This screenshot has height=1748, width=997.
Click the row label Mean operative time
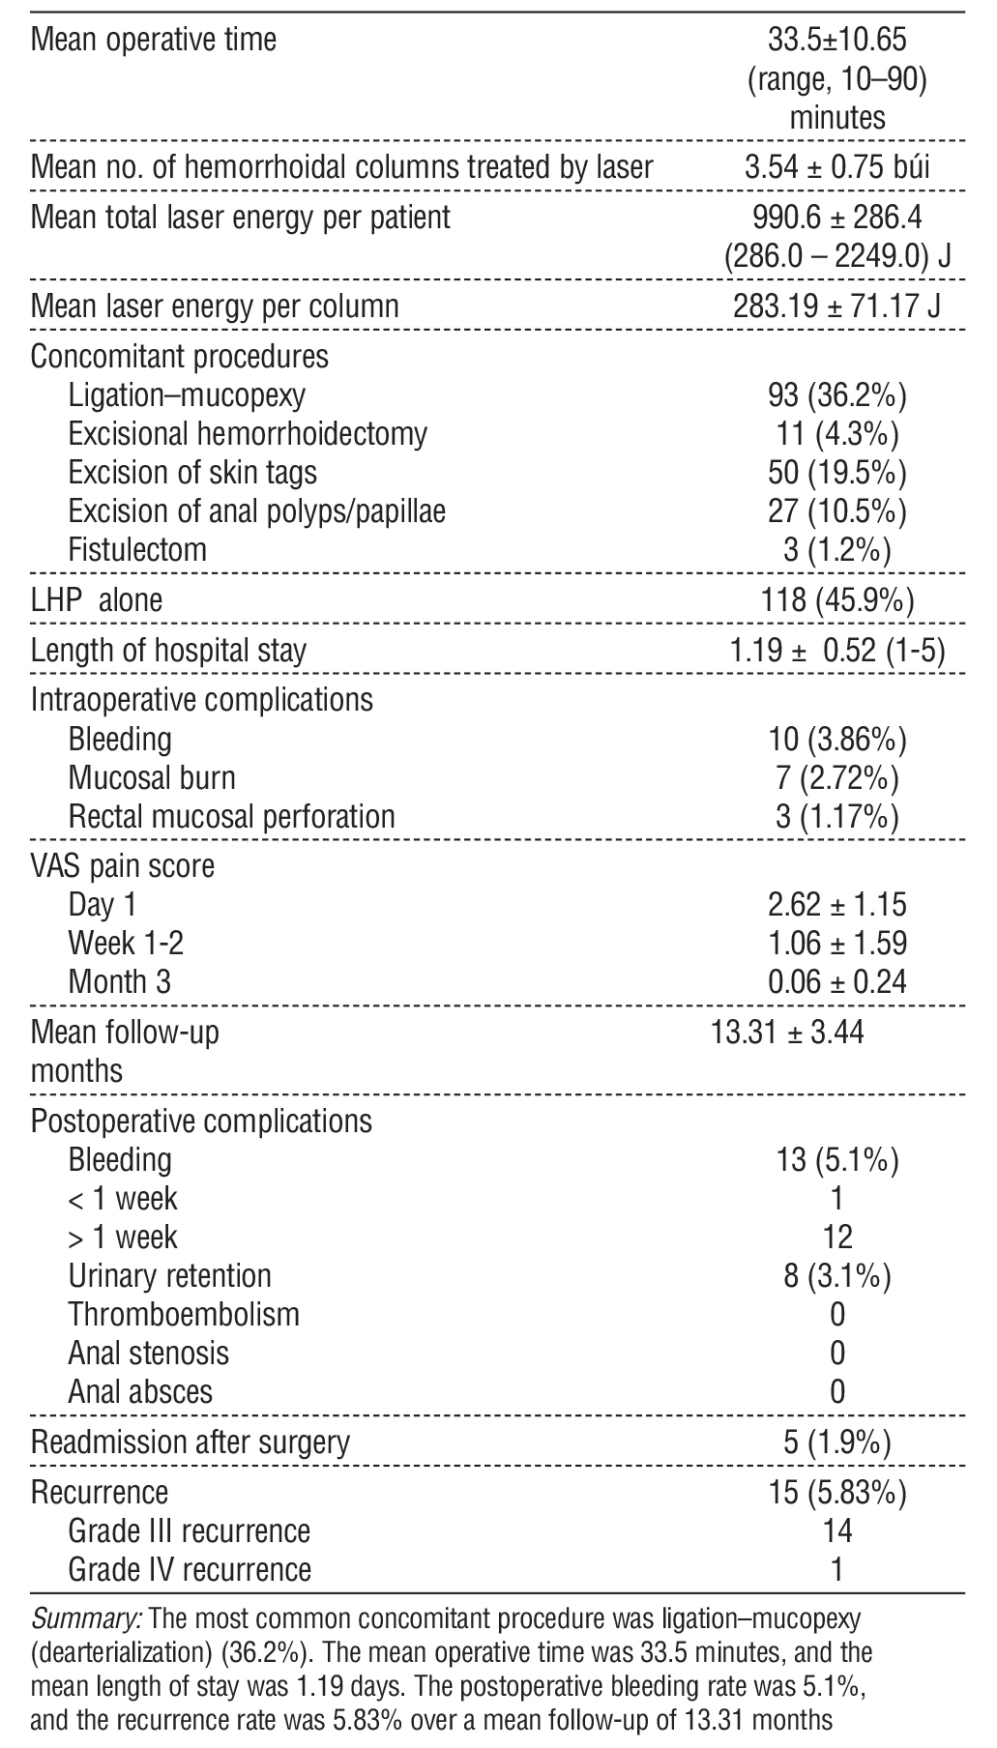pyautogui.click(x=154, y=41)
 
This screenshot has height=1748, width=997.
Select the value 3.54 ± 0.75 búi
pyautogui.click(x=837, y=167)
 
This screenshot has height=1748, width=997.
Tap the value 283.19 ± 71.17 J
pyautogui.click(x=837, y=307)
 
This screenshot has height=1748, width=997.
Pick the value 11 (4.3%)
pyautogui.click(x=837, y=433)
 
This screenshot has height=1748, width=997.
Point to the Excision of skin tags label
pyautogui.click(x=192, y=472)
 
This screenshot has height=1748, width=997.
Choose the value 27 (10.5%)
pyautogui.click(x=837, y=510)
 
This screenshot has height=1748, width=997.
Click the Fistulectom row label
pyautogui.click(x=137, y=549)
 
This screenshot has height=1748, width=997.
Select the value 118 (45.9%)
pyautogui.click(x=837, y=600)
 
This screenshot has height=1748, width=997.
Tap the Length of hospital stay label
pyautogui.click(x=168, y=650)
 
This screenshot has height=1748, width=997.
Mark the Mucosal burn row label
pyautogui.click(x=152, y=777)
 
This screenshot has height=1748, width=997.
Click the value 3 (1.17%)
pyautogui.click(x=837, y=816)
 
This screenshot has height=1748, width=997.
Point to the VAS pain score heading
pyautogui.click(x=123, y=865)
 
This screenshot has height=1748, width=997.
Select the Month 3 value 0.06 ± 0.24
pyautogui.click(x=837, y=981)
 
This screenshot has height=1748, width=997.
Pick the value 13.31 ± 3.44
pyautogui.click(x=788, y=1033)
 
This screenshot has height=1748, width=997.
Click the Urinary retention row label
pyautogui.click(x=169, y=1275)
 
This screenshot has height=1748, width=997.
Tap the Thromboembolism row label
pyautogui.click(x=184, y=1314)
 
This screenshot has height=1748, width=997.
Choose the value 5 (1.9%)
pyautogui.click(x=837, y=1442)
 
